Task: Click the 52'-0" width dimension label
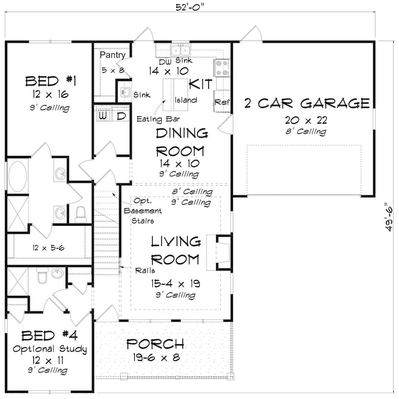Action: (190, 7)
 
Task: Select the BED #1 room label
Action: (51, 81)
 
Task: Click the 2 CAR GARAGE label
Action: (307, 103)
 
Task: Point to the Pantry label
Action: (112, 55)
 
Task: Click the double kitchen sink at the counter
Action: (180, 50)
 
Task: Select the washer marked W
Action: (103, 116)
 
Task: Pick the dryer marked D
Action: (121, 116)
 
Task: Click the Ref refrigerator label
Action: (222, 102)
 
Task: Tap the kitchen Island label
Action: (186, 100)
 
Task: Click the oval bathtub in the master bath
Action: (18, 177)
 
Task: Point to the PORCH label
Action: (155, 344)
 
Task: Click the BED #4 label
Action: (50, 336)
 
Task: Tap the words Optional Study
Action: (50, 349)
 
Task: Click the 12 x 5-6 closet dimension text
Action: (48, 248)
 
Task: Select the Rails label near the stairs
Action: (145, 271)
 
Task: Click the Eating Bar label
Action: (158, 119)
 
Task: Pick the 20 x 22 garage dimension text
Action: (306, 120)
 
